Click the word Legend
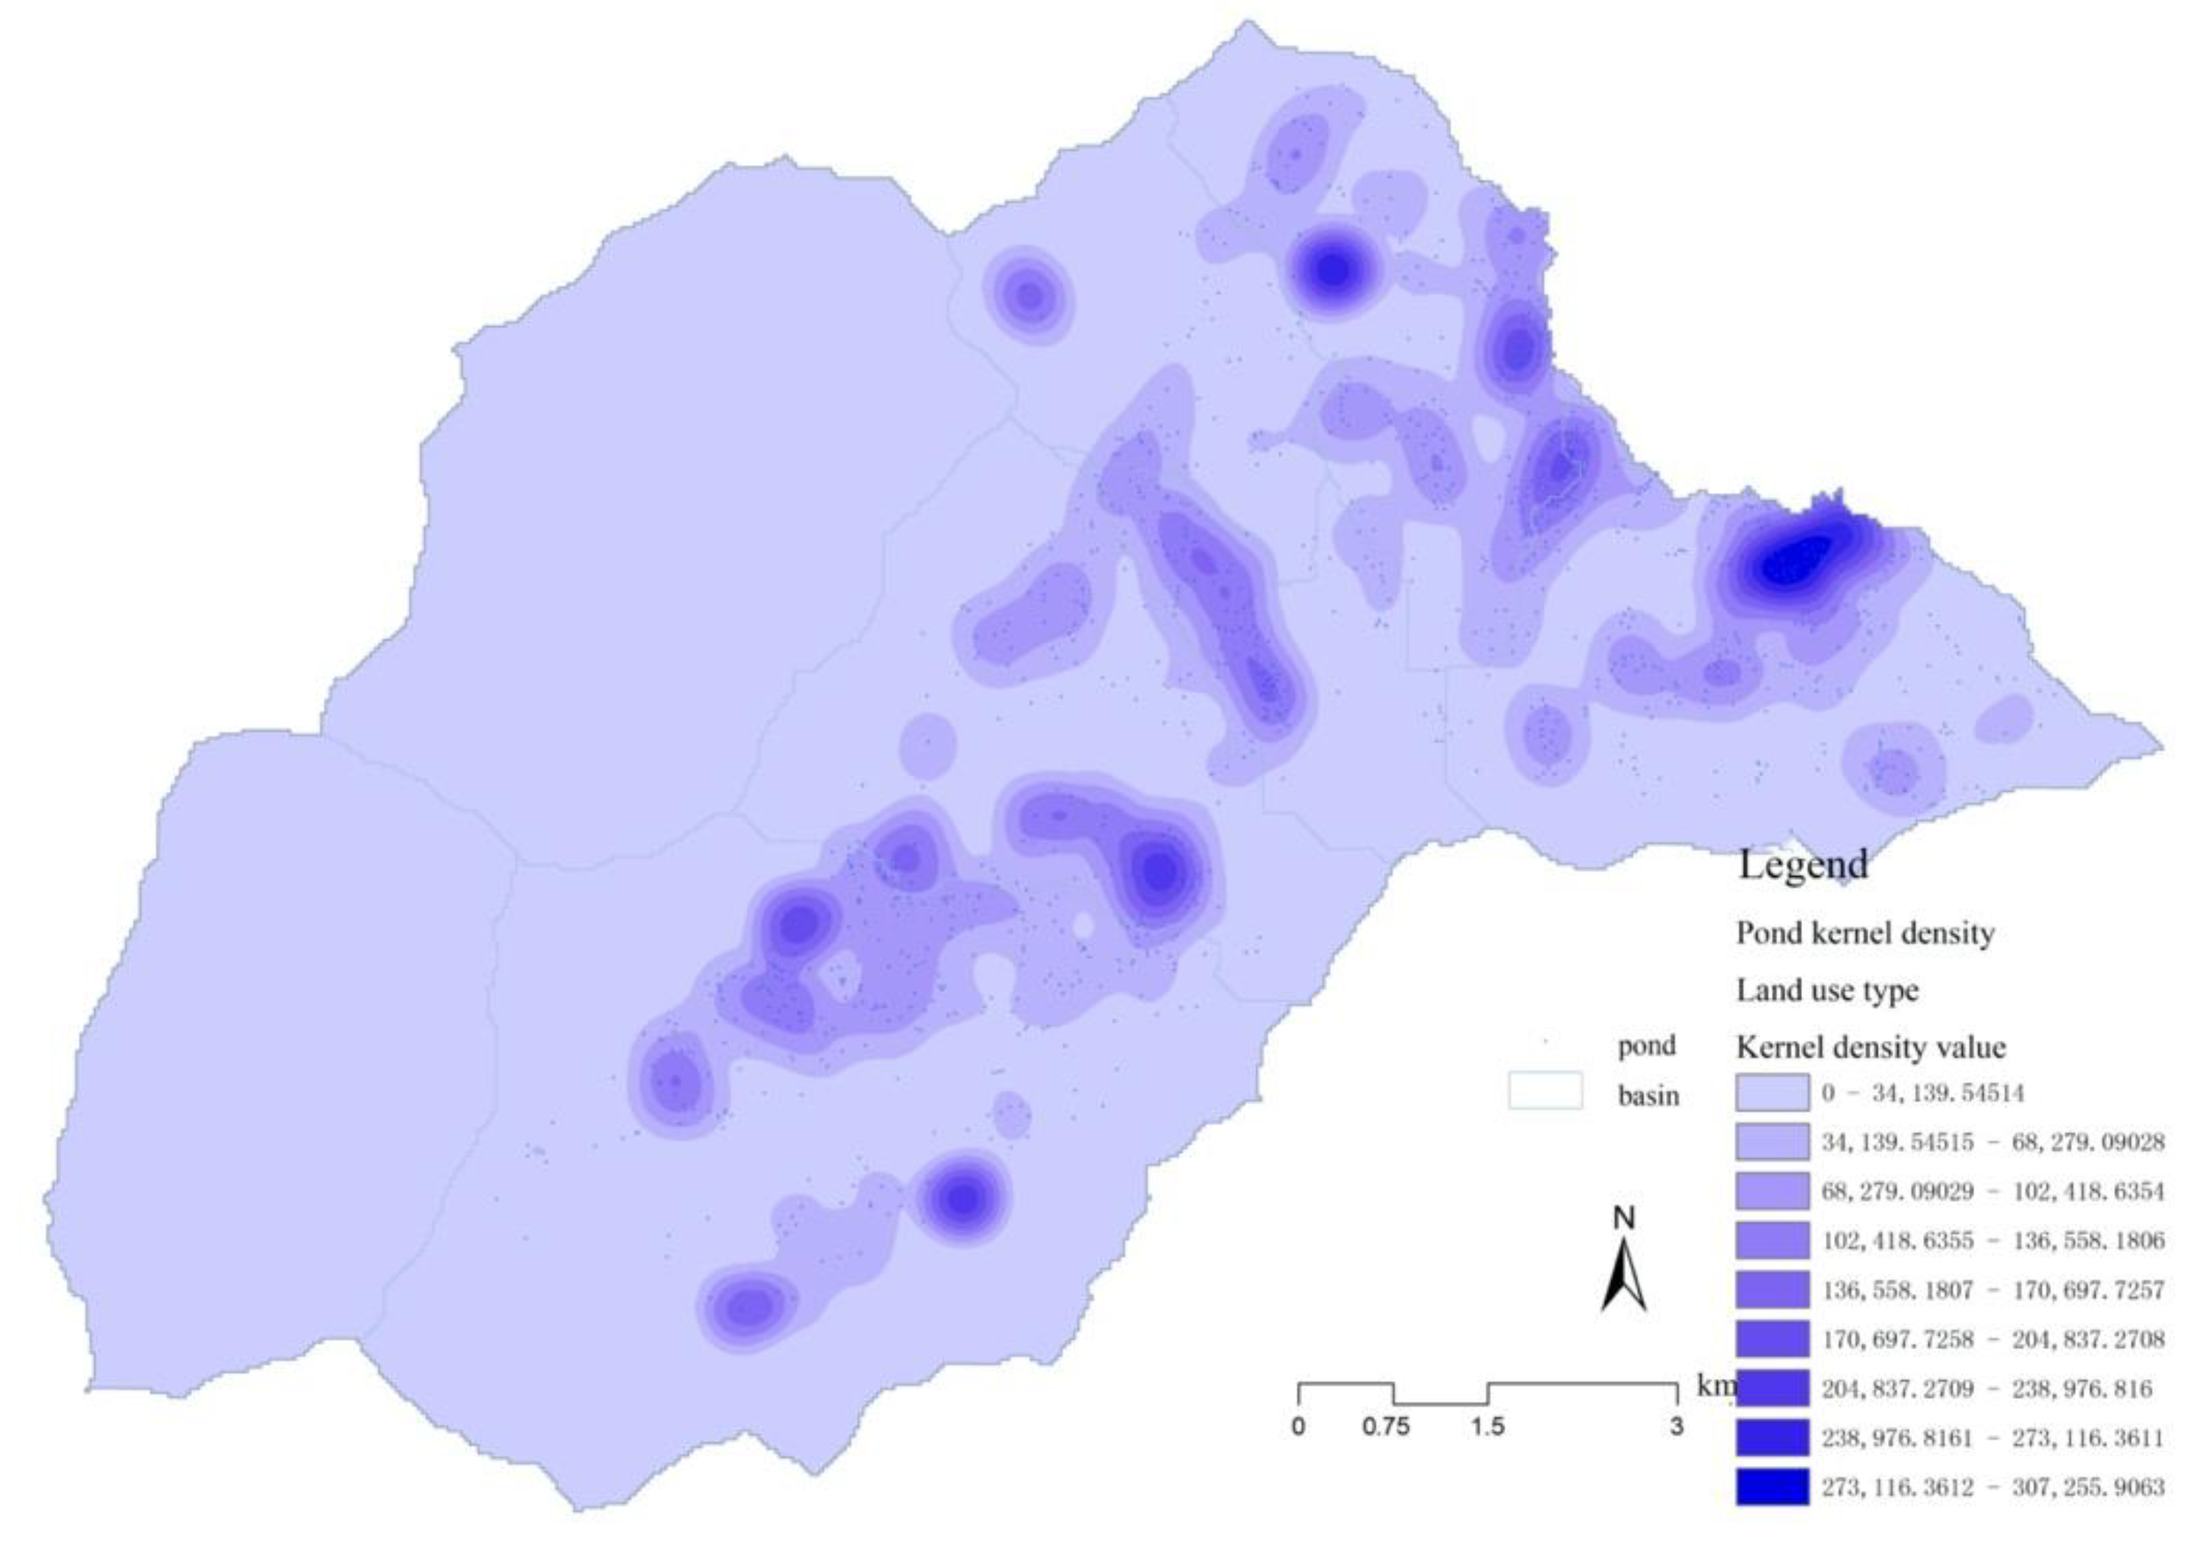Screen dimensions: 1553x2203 click(1803, 864)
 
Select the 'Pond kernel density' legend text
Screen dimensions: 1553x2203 click(1864, 933)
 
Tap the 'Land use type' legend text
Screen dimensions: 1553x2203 click(1827, 990)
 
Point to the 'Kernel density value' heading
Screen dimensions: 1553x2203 click(1870, 1046)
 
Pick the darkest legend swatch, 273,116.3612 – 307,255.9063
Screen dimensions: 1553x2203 click(1771, 1487)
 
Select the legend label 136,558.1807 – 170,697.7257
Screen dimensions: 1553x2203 click(1993, 1290)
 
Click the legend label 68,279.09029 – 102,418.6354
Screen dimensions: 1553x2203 click(1993, 1192)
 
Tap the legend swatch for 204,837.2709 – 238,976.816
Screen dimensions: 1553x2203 click(1771, 1388)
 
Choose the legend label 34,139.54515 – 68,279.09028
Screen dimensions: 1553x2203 click(1993, 1142)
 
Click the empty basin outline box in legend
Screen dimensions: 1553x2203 click(1545, 1091)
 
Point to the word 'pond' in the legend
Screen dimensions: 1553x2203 click(1646, 1046)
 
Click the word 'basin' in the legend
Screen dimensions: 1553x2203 click(1648, 1095)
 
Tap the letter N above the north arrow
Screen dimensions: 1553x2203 click(1623, 1219)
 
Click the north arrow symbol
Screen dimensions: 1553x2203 click(1623, 1275)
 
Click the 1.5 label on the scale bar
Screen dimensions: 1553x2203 click(1487, 1427)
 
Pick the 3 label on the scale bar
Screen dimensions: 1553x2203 click(1675, 1427)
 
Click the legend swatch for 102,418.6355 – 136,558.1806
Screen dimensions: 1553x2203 click(1771, 1240)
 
